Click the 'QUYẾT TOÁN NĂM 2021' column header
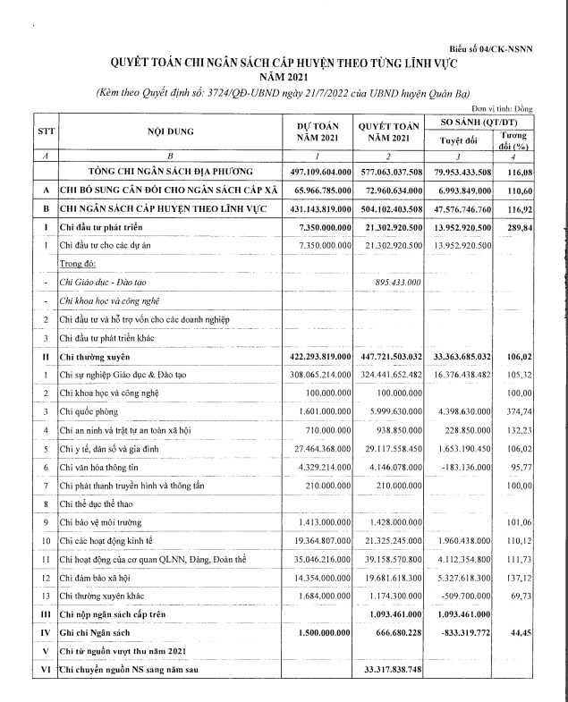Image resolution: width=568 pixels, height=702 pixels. pyautogui.click(x=387, y=132)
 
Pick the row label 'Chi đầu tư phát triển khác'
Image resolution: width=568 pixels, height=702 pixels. pyautogui.click(x=114, y=338)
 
